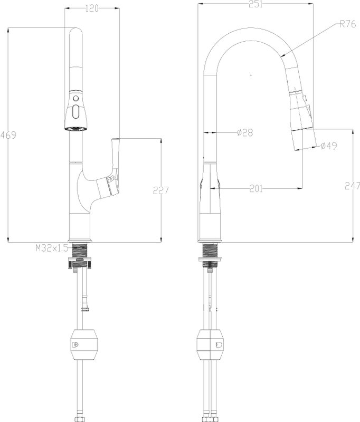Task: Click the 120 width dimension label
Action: point(92,8)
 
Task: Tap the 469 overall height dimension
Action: point(8,135)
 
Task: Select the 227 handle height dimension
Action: point(161,190)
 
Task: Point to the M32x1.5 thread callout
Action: point(52,248)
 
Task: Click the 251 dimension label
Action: point(255,4)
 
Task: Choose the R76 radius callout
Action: point(348,24)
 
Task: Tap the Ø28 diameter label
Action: point(245,132)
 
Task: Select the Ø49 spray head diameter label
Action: point(329,146)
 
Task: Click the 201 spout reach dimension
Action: point(255,189)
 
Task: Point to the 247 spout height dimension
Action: point(352,186)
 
